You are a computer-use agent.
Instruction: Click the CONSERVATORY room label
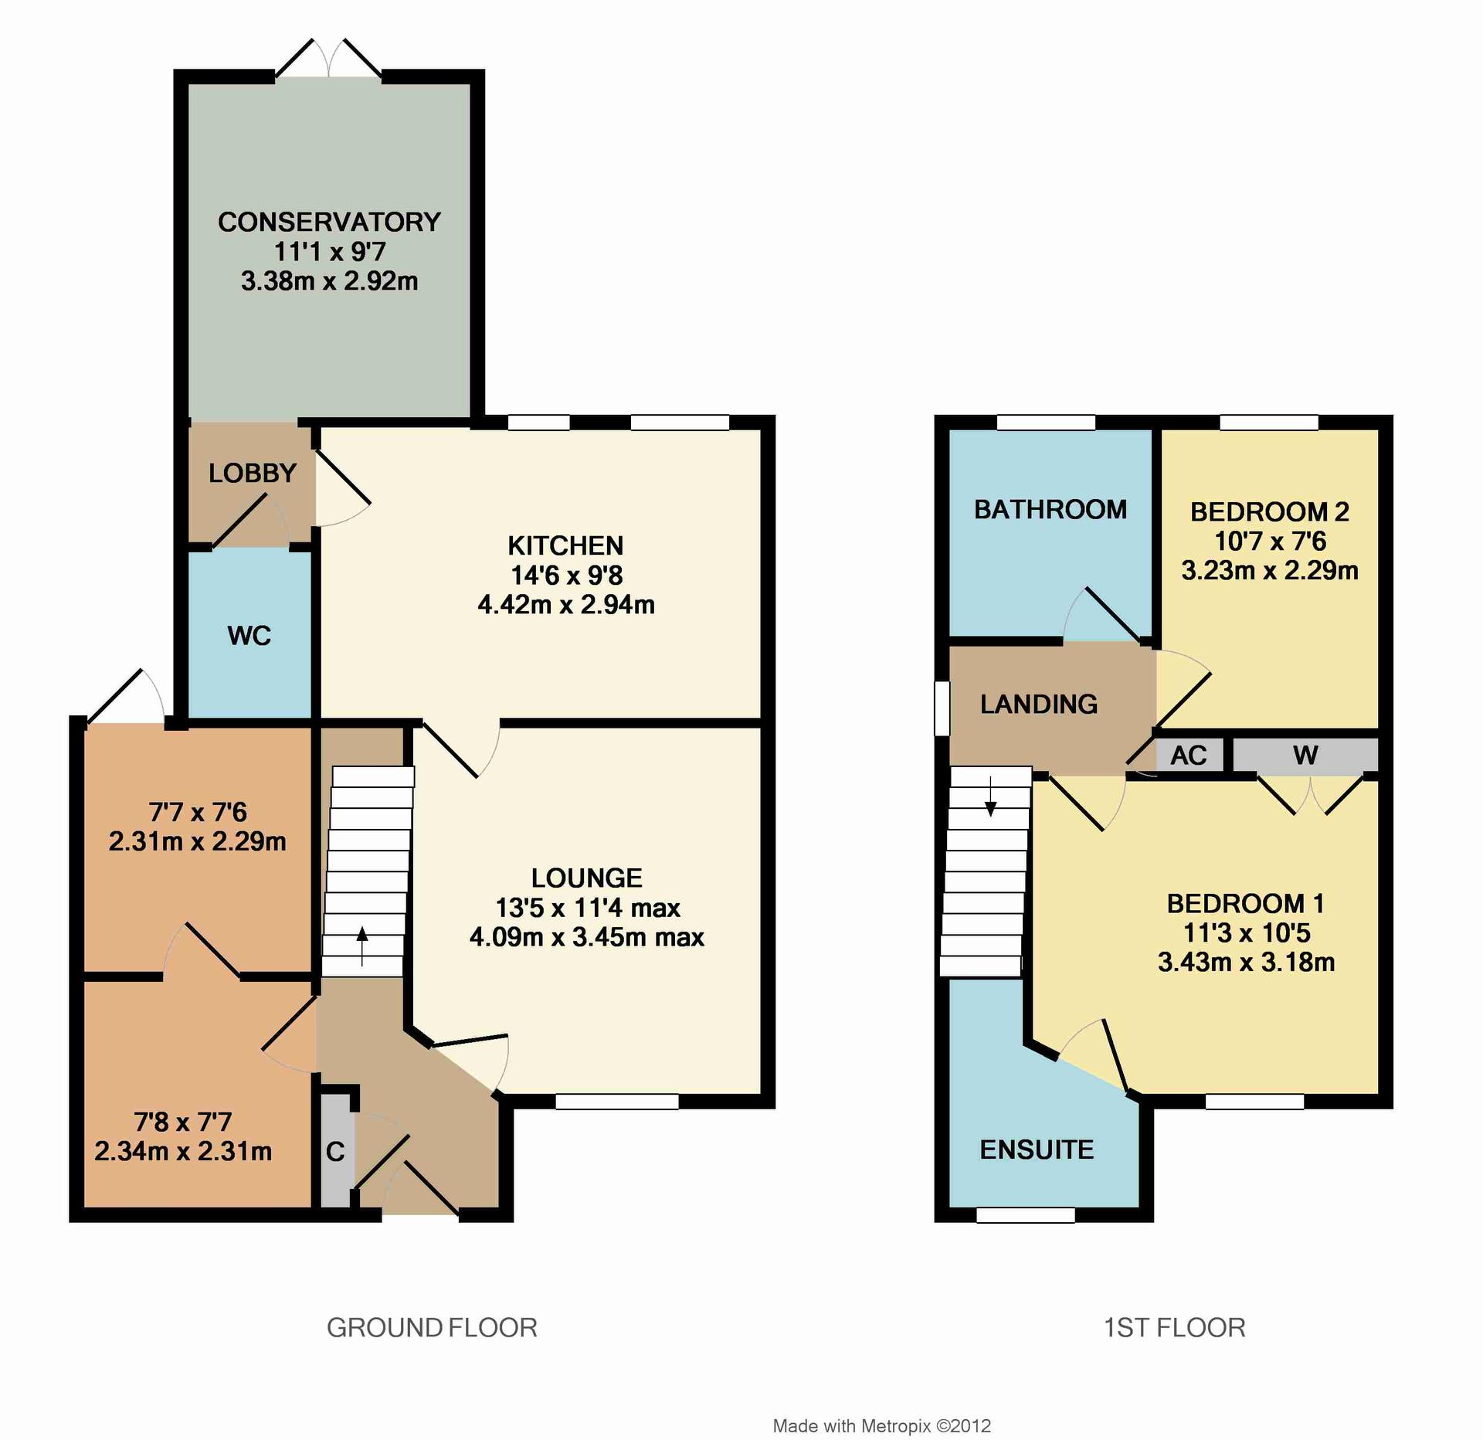pyautogui.click(x=329, y=222)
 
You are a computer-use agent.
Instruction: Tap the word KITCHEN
pyautogui.click(x=565, y=546)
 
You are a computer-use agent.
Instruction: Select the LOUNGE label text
pyautogui.click(x=587, y=878)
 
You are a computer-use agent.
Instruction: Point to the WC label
pyautogui.click(x=249, y=636)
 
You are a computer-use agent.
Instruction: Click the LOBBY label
pyautogui.click(x=253, y=473)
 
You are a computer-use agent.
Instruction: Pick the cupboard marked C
pyautogui.click(x=335, y=1150)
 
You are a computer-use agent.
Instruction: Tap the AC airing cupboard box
pyautogui.click(x=1189, y=755)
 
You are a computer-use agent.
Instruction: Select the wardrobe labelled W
pyautogui.click(x=1305, y=755)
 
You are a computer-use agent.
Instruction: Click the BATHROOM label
pyautogui.click(x=1050, y=510)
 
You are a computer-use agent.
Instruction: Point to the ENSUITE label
pyautogui.click(x=1037, y=1150)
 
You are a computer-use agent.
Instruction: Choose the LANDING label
pyautogui.click(x=1039, y=705)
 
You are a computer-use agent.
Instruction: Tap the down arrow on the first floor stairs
pyautogui.click(x=990, y=797)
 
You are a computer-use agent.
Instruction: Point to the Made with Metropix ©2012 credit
pyautogui.click(x=882, y=1426)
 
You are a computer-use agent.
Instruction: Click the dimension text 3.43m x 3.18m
pyautogui.click(x=1246, y=963)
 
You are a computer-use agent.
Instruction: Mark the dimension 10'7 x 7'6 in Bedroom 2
pyautogui.click(x=1270, y=542)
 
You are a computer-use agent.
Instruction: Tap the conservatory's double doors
pyautogui.click(x=329, y=58)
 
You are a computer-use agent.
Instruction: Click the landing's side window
pyautogui.click(x=942, y=708)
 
